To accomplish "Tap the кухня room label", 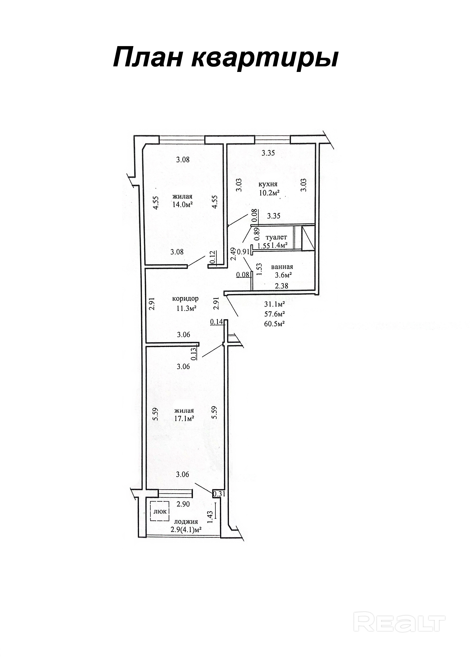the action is [268, 184].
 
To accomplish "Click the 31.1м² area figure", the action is [275, 304].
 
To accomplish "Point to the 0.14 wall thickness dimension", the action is [217, 321].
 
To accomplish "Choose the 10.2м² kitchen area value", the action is [269, 193].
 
